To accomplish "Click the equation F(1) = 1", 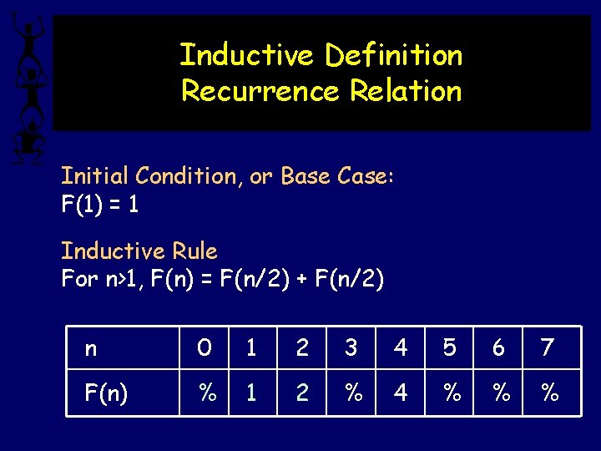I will click(x=100, y=205).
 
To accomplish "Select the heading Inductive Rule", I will click(x=139, y=251).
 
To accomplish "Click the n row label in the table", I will click(x=90, y=348).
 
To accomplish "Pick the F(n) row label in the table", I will click(x=106, y=392).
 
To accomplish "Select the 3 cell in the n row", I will click(x=351, y=348).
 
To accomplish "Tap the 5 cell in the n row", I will click(x=450, y=348).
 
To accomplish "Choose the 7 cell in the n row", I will click(x=548, y=348).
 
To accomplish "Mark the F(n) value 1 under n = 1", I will click(x=251, y=392).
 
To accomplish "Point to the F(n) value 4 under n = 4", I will click(x=401, y=392).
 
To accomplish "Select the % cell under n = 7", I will click(x=548, y=392).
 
